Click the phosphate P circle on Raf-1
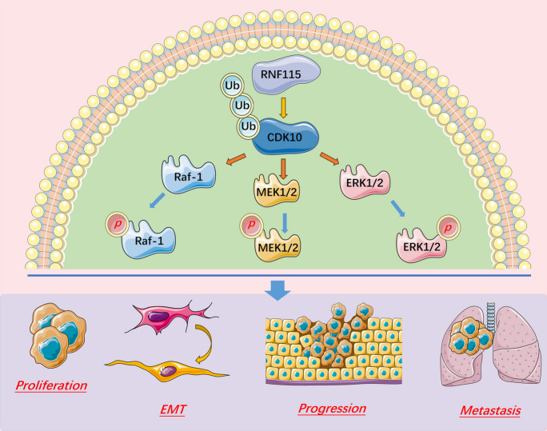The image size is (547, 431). point(117,221)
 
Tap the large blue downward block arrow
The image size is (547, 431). point(277,290)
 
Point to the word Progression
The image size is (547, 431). point(332,409)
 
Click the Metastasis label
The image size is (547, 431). point(489,412)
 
